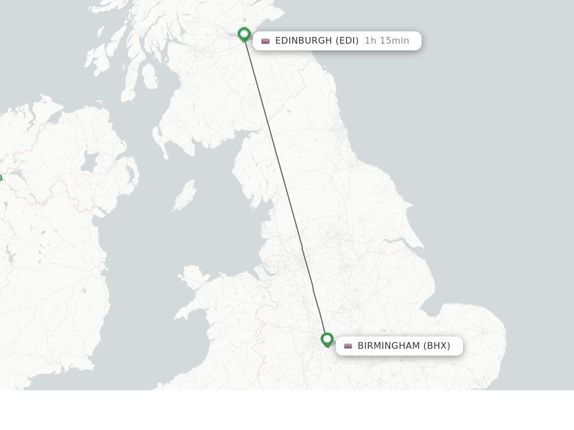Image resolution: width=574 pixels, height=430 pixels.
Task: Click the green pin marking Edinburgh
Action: pos(244,34)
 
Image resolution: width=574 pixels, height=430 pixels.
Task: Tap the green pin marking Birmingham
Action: pos(327,339)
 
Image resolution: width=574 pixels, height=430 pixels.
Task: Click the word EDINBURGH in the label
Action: pos(303,41)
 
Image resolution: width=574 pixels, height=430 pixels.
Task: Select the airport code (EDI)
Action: pos(347,41)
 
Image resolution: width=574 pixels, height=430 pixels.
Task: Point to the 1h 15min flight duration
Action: pos(387,41)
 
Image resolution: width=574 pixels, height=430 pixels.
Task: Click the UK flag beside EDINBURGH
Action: pos(265,41)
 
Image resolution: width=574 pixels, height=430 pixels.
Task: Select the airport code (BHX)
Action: pos(437,346)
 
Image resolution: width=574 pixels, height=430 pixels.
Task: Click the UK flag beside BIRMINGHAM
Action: pos(348,346)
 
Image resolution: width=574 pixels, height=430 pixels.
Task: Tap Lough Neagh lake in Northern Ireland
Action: pos(89,162)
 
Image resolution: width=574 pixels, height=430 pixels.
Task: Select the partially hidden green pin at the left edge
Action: pos(1,178)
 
